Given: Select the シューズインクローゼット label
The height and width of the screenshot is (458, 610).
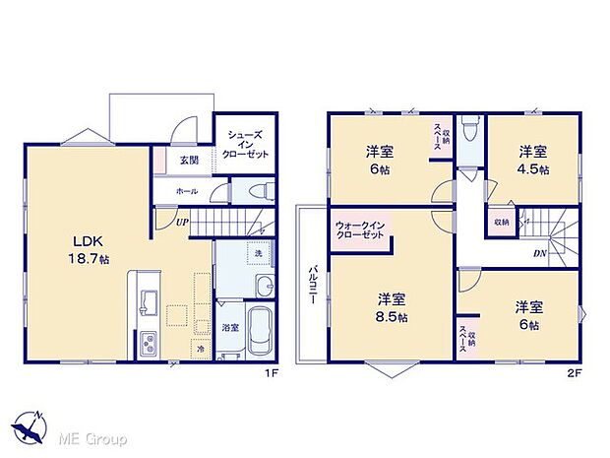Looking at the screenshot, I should point(246,144).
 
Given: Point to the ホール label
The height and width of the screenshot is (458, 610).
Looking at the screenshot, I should point(187,191).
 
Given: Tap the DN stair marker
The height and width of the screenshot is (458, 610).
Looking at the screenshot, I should point(540,253).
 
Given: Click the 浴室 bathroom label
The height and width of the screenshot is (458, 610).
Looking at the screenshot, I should point(228,327).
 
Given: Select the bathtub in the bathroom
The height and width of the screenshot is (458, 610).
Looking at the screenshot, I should point(261,334).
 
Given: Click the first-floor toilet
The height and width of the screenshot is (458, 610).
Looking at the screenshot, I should point(259,190).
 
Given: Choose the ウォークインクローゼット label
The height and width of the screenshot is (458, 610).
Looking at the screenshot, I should point(358,229).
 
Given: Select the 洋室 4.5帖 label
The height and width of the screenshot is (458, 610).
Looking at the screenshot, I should point(533,161).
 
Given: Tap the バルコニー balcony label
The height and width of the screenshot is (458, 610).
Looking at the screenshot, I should point(310,286).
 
